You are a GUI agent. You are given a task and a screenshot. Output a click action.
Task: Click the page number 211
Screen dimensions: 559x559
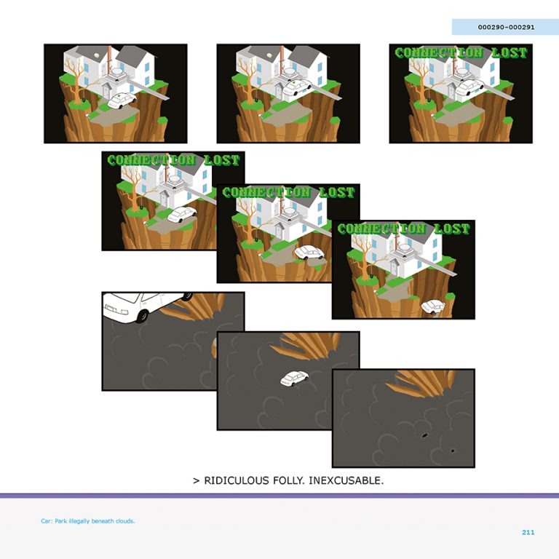pyautogui.click(x=528, y=532)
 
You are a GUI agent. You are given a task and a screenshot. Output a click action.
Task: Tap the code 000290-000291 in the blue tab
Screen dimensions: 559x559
pyautogui.click(x=507, y=27)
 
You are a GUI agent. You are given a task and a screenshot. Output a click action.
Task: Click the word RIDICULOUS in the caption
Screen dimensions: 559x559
pyautogui.click(x=237, y=480)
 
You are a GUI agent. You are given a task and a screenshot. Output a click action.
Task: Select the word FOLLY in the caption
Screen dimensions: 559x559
pyautogui.click(x=289, y=480)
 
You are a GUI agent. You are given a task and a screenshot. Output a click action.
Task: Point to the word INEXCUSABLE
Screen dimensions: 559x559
pyautogui.click(x=346, y=480)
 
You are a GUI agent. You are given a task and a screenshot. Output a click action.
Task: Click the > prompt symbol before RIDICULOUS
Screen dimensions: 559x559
pyautogui.click(x=196, y=481)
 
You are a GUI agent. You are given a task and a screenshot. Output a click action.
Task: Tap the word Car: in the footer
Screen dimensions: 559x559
pyautogui.click(x=47, y=521)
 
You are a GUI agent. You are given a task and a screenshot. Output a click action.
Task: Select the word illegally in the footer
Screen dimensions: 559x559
pyautogui.click(x=79, y=522)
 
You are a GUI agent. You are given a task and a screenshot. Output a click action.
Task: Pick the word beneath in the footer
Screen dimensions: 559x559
pyautogui.click(x=103, y=521)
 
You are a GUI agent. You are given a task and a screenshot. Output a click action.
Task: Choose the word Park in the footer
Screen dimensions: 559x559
pyautogui.click(x=60, y=521)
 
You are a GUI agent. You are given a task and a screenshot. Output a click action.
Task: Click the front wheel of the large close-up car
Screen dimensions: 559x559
pyautogui.click(x=142, y=316)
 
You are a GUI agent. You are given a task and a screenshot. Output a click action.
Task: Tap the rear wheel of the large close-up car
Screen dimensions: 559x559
pyautogui.click(x=188, y=296)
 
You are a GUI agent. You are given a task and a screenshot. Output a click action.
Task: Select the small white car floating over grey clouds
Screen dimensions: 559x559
pyautogui.click(x=295, y=378)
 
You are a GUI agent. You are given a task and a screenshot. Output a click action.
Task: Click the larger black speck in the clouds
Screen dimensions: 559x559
pyautogui.click(x=424, y=435)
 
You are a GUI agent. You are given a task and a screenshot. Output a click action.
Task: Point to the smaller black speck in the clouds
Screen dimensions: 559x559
pyautogui.click(x=453, y=451)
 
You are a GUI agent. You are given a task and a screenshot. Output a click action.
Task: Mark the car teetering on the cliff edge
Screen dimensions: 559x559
pyautogui.click(x=309, y=253)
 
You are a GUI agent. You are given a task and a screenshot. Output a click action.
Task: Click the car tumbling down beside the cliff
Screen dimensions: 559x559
pyautogui.click(x=433, y=307)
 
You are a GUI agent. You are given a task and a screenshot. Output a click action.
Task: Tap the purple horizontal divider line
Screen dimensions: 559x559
pyautogui.click(x=279, y=496)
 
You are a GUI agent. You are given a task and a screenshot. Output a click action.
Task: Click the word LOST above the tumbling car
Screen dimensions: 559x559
pyautogui.click(x=452, y=229)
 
